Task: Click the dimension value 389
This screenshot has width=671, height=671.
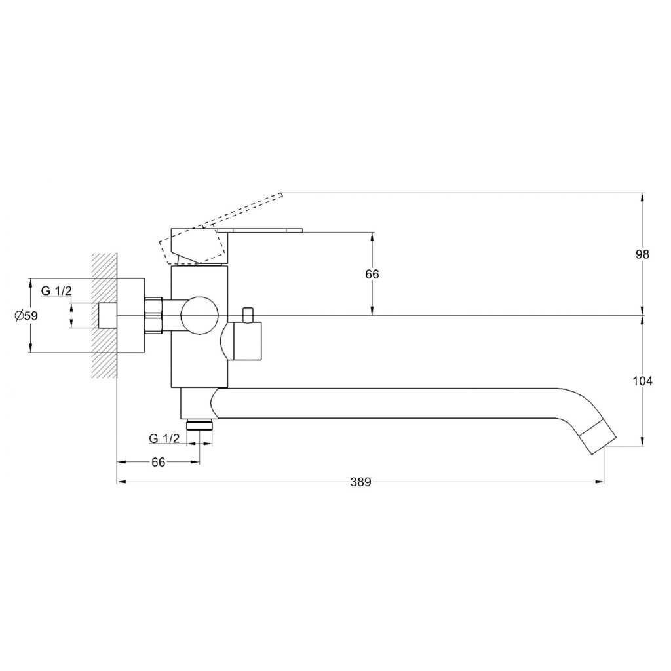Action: click(x=361, y=482)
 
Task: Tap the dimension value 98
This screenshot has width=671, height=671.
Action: click(x=642, y=255)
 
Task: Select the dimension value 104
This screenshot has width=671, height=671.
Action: click(x=643, y=381)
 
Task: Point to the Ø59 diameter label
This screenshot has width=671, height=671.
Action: click(x=26, y=316)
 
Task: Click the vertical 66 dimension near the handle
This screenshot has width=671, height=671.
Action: click(x=372, y=274)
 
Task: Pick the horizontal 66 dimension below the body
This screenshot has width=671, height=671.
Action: click(x=159, y=462)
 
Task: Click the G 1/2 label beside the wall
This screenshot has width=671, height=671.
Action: click(x=56, y=290)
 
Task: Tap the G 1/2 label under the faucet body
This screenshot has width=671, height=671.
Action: click(x=164, y=438)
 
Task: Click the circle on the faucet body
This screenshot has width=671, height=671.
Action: click(x=199, y=316)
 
